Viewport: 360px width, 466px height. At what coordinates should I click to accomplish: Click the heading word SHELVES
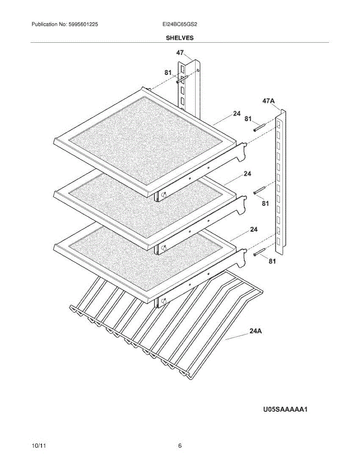tap(180, 38)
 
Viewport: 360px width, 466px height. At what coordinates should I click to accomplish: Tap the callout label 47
tap(180, 53)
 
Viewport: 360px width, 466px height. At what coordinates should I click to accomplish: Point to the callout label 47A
tap(269, 101)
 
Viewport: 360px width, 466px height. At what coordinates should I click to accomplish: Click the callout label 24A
tap(255, 331)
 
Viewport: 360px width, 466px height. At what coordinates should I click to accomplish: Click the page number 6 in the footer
tap(180, 446)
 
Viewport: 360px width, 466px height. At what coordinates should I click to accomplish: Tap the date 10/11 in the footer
tap(38, 446)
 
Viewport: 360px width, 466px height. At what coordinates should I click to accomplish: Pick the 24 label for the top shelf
tap(237, 113)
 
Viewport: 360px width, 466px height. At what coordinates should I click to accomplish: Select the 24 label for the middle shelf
tap(247, 174)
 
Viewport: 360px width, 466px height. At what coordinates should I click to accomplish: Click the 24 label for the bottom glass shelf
tap(254, 230)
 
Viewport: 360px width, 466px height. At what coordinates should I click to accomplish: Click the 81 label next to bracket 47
tap(168, 72)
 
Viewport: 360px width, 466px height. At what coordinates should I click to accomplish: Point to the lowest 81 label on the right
tap(272, 261)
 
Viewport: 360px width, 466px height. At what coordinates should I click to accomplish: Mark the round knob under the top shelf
tap(163, 195)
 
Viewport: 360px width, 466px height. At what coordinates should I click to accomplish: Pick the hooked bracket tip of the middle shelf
tap(244, 199)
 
